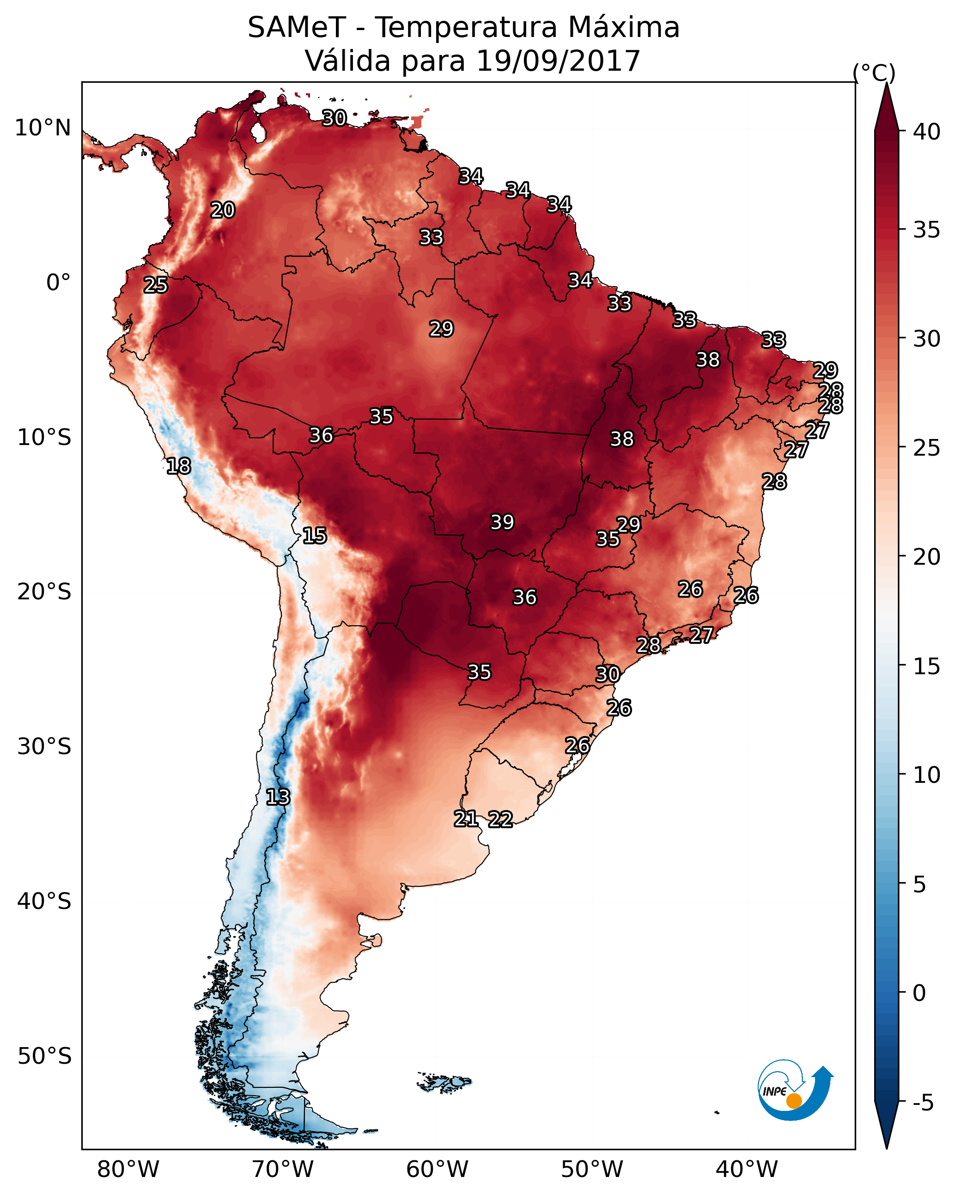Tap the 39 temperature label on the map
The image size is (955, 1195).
(502, 522)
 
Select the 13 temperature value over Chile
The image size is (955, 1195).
(278, 797)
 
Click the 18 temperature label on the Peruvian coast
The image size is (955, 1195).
(178, 466)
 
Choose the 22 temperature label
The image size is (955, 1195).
(500, 819)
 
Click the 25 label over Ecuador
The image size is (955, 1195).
(156, 285)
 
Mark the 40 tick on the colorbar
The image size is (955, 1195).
(927, 132)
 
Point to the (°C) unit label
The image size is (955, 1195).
(874, 73)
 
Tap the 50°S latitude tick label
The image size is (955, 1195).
(44, 1056)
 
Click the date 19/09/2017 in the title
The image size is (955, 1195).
(558, 61)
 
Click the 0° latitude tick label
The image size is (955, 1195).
(59, 283)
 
